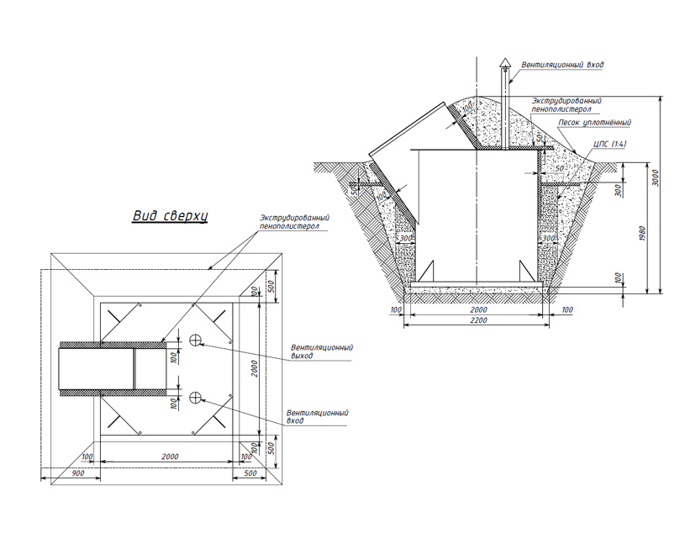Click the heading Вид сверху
[x=171, y=216]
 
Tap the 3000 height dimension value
[x=656, y=178]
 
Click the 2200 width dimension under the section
[x=479, y=320]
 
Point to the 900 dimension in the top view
[x=78, y=473]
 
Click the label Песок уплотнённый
[x=594, y=123]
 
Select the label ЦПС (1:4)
[x=610, y=144]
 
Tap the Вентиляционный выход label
[x=322, y=351]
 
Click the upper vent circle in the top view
[x=195, y=340]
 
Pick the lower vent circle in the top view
[x=195, y=397]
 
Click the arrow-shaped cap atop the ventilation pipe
[x=505, y=64]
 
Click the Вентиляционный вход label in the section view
[x=562, y=65]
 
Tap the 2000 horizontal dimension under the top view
[x=170, y=457]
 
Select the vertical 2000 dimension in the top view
[x=255, y=368]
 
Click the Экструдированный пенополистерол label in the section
[x=566, y=105]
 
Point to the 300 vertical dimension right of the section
[x=618, y=191]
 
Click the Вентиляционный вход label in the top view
[x=317, y=417]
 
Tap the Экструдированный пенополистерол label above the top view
[x=294, y=221]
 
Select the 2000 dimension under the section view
[x=479, y=309]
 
